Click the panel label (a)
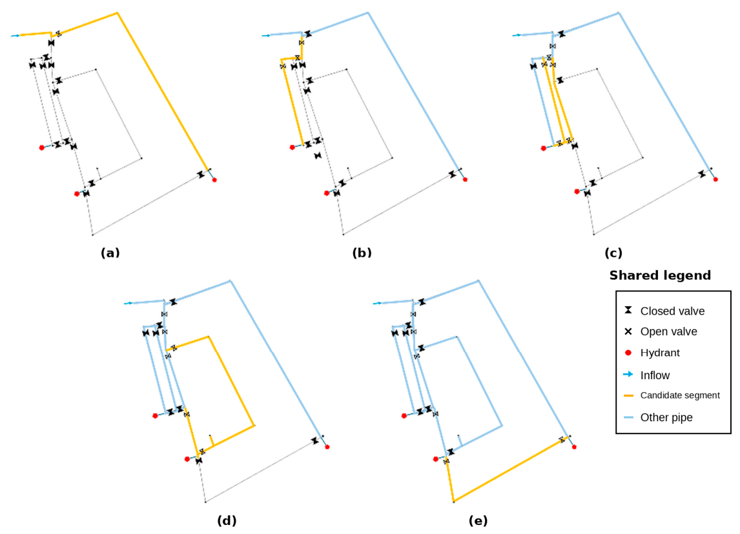click(110, 253)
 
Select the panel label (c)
click(613, 253)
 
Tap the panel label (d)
click(227, 521)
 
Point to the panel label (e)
click(478, 521)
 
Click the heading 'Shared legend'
click(660, 275)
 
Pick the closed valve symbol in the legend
click(628, 310)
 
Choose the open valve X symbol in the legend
click(628, 331)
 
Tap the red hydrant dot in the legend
click(628, 353)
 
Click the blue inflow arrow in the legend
click(628, 374)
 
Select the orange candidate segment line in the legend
click(628, 395)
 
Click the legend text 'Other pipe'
click(666, 417)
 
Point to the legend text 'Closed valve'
click(672, 311)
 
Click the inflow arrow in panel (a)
click(15, 35)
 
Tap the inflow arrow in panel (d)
click(128, 303)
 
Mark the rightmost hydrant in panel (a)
click(214, 179)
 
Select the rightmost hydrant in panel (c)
click(715, 179)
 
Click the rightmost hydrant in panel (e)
click(574, 447)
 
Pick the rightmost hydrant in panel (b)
click(465, 179)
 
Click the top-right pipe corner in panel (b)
click(367, 13)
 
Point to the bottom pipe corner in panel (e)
click(453, 501)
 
